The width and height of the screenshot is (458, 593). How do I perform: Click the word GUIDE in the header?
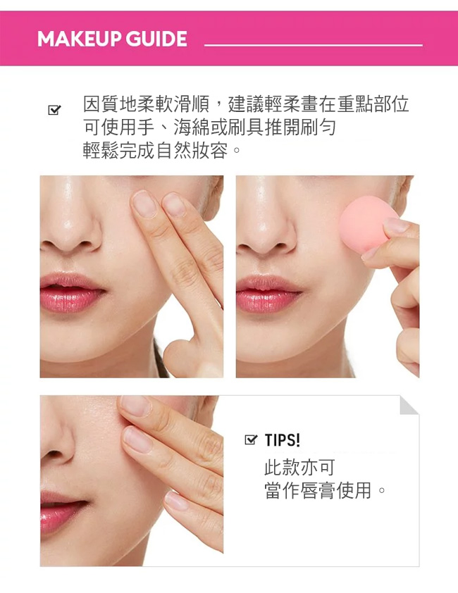pos(156,39)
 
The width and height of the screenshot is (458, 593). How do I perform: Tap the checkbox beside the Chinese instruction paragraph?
pos(54,110)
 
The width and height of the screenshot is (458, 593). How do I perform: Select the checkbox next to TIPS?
pos(251,439)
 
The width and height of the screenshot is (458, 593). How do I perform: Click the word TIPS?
pos(283,440)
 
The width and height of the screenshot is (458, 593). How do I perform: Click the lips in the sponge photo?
pos(268,294)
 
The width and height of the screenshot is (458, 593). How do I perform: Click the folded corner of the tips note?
pos(409,405)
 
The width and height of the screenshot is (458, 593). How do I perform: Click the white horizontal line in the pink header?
pos(314,45)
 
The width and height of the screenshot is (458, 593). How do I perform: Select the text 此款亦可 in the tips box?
pos(299,467)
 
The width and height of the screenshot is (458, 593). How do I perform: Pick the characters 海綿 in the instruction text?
pos(192,127)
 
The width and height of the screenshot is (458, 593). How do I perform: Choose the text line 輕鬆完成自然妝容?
pos(155,151)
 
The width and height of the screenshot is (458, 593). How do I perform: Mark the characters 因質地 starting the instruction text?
pos(110,104)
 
